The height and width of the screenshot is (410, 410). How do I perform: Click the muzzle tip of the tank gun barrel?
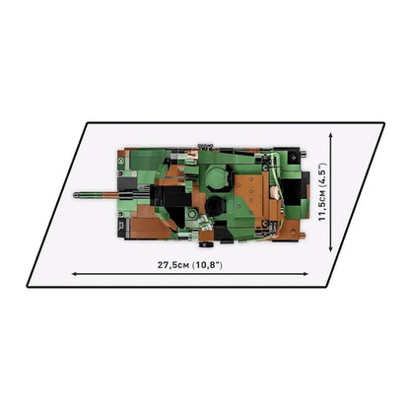coord(74,195)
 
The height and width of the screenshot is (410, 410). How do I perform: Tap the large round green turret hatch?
coord(216,176)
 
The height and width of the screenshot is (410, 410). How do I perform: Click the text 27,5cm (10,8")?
coord(190,265)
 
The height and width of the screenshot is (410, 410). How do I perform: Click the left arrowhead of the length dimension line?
coord(74,274)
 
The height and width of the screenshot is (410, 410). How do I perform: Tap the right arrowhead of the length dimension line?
coord(307,274)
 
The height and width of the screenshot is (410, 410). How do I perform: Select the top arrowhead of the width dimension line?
coord(331,135)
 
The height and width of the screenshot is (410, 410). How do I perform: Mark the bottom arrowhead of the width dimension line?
coord(331,249)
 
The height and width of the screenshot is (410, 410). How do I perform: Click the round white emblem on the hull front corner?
coord(121,161)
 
